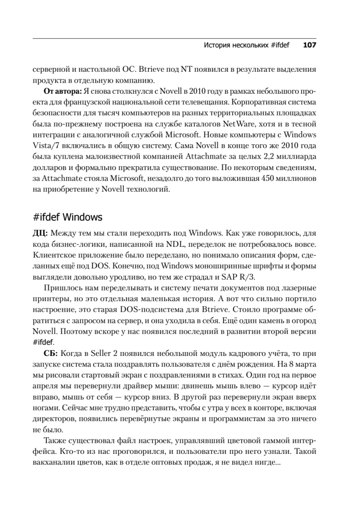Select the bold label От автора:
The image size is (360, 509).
pos(63,91)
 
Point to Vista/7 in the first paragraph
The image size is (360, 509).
pos(45,146)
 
